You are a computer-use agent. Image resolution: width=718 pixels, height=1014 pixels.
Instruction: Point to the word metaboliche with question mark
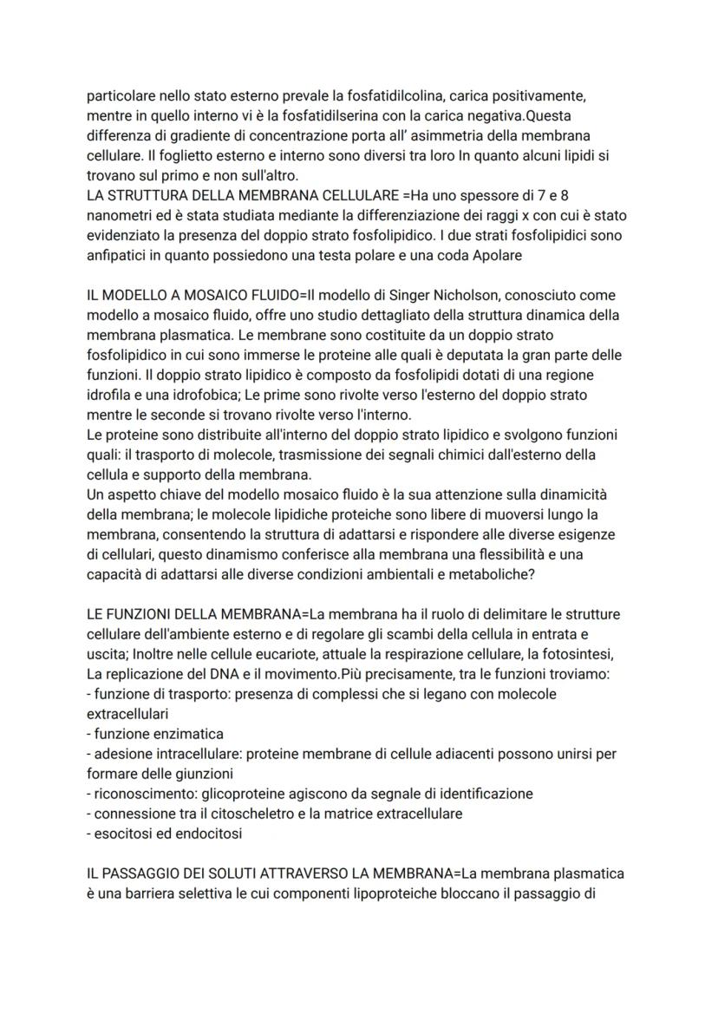tap(516, 574)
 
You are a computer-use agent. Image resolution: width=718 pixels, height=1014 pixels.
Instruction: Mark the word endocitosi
tap(209, 834)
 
